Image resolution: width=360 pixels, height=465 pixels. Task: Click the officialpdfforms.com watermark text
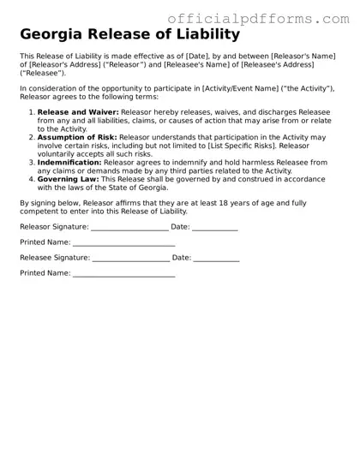pyautogui.click(x=258, y=19)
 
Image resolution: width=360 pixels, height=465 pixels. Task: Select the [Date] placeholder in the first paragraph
pyautogui.click(x=199, y=56)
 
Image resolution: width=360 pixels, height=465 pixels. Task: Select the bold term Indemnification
pyautogui.click(x=75, y=162)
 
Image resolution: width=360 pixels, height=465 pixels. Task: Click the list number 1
pyautogui.click(x=31, y=112)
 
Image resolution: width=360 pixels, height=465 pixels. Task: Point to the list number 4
pyautogui.click(x=31, y=179)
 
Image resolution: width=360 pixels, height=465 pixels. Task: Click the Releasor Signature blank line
pyautogui.click(x=129, y=230)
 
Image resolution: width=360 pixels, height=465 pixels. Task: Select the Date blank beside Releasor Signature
pyautogui.click(x=215, y=230)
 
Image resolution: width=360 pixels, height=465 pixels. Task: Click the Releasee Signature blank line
pyautogui.click(x=130, y=259)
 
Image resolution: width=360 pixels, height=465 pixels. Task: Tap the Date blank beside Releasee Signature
pyautogui.click(x=216, y=259)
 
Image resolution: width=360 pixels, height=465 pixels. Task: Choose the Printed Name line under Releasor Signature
pyautogui.click(x=123, y=245)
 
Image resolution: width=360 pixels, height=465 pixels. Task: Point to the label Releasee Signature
pyautogui.click(x=54, y=257)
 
